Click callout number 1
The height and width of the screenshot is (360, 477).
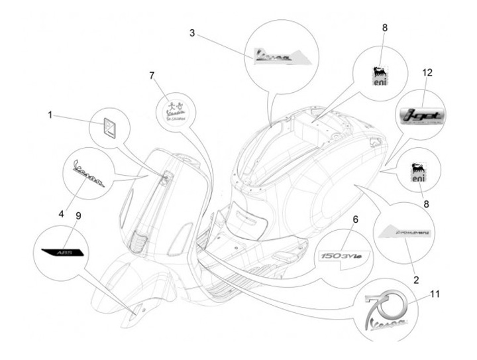50,115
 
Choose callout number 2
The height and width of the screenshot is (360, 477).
416,280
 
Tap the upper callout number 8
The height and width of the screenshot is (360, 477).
385,27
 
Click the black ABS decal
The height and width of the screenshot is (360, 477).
62,252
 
